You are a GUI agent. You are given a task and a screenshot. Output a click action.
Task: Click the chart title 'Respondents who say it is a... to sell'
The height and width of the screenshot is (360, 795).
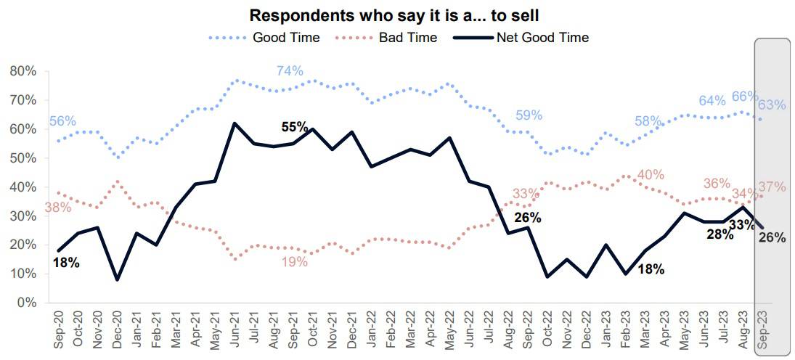pyautogui.click(x=397, y=15)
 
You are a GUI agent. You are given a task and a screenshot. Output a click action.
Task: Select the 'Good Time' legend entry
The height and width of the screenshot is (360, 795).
pyautogui.click(x=285, y=38)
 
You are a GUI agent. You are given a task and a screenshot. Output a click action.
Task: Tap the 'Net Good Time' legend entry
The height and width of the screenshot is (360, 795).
pyautogui.click(x=542, y=38)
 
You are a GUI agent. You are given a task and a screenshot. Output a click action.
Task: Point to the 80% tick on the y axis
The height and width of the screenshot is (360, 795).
pyautogui.click(x=23, y=71)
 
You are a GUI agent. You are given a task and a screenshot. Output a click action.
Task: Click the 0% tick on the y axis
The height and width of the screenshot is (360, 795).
pyautogui.click(x=27, y=303)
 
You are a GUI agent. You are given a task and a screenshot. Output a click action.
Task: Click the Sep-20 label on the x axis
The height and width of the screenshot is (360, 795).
pyautogui.click(x=59, y=330)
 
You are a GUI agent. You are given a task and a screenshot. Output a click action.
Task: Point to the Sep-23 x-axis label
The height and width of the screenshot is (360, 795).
pyautogui.click(x=762, y=330)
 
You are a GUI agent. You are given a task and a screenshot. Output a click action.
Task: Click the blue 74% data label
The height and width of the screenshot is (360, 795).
pyautogui.click(x=290, y=70)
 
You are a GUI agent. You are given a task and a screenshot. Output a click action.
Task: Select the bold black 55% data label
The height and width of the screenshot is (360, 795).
pyautogui.click(x=295, y=127)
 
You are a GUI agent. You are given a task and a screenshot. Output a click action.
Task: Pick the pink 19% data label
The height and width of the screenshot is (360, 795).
pyautogui.click(x=295, y=262)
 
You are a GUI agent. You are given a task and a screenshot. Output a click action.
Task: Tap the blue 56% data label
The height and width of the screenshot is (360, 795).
pyautogui.click(x=62, y=121)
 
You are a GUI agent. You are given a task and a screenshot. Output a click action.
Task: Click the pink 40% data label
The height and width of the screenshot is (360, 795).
pyautogui.click(x=650, y=175)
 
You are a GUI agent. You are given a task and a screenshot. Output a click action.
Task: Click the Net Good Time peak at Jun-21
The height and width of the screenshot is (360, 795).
pyautogui.click(x=235, y=123)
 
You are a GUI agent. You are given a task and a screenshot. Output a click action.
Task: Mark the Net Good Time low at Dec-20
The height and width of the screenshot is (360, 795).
pyautogui.click(x=118, y=279)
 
